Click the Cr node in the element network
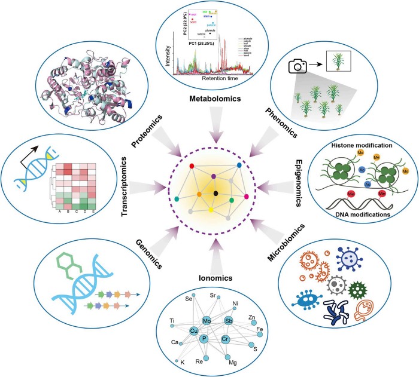click(225, 339)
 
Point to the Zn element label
click(252, 317)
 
